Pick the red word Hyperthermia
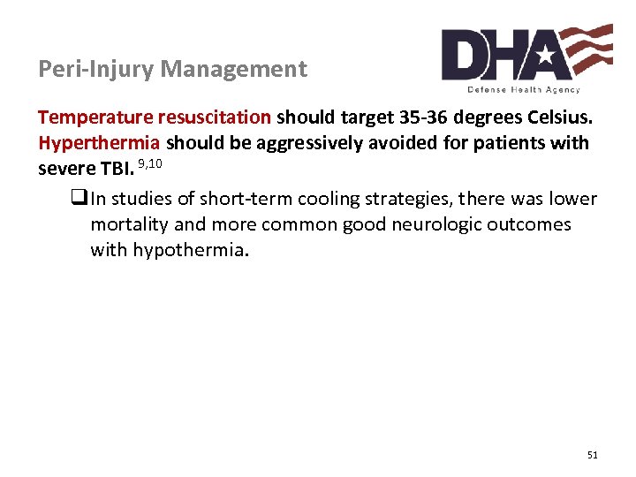[99, 143]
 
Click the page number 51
[592, 455]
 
